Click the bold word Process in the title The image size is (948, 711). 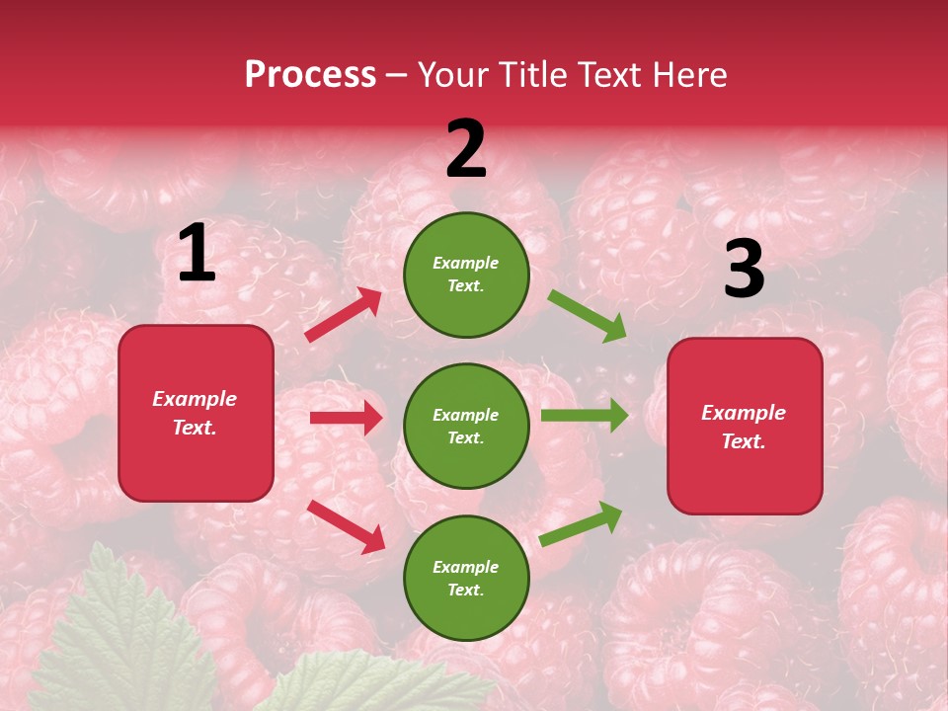(x=310, y=74)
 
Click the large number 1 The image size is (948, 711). (x=197, y=254)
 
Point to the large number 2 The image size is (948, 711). (x=466, y=150)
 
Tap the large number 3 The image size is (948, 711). (x=744, y=270)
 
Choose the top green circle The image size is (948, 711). (x=466, y=275)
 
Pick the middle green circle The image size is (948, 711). (x=466, y=426)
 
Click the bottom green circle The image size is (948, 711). (x=466, y=578)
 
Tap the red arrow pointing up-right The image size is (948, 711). (x=344, y=315)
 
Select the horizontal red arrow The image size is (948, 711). (x=346, y=418)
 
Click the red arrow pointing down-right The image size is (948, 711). (x=347, y=525)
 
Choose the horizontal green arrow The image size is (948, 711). (x=585, y=415)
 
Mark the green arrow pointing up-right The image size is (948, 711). (x=582, y=523)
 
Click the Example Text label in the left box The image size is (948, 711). (x=195, y=413)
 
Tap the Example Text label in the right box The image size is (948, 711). (x=744, y=427)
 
